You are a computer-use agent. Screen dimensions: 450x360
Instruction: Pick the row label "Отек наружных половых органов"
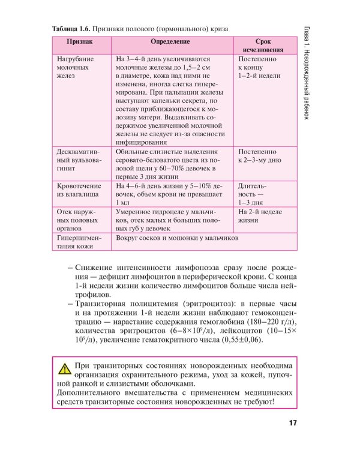[x=78, y=220]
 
